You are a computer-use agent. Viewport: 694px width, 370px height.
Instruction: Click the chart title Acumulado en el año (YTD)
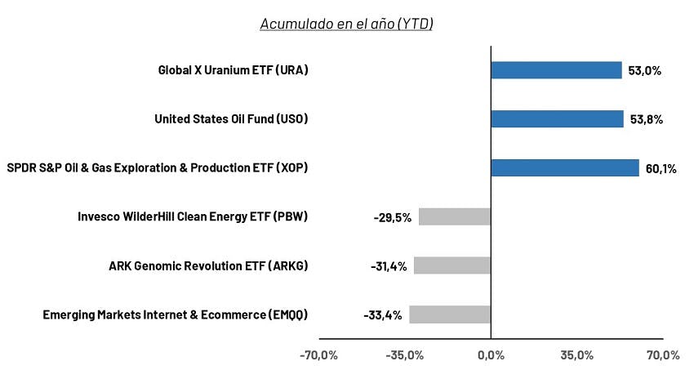(346, 24)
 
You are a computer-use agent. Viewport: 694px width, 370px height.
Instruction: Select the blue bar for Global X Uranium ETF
(556, 70)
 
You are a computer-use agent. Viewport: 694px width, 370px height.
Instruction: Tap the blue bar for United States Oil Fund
(557, 119)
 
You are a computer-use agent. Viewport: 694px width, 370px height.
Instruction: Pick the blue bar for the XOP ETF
(565, 167)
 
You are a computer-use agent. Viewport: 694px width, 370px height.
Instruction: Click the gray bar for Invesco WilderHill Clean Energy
(455, 217)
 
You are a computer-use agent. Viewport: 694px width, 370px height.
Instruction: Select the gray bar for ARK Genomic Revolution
(452, 265)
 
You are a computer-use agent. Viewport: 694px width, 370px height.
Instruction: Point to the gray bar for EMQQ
(450, 314)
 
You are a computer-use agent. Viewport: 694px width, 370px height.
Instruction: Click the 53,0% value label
(644, 71)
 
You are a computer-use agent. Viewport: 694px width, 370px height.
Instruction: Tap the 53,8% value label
(646, 119)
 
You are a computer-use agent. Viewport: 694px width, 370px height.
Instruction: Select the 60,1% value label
(661, 168)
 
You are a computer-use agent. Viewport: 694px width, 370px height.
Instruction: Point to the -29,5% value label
(393, 218)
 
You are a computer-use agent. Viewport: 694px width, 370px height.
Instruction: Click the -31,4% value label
(389, 266)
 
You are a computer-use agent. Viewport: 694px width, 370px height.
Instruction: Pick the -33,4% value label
(383, 315)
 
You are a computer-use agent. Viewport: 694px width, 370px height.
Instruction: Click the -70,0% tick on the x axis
(318, 355)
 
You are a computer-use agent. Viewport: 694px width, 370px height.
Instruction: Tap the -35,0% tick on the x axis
(404, 355)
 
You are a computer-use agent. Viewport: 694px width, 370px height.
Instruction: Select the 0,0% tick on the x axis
(491, 355)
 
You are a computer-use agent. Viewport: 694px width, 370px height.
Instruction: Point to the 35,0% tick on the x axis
(576, 355)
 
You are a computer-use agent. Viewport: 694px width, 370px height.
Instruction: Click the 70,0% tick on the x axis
(663, 355)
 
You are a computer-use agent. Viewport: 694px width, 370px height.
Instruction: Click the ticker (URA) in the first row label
(291, 70)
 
